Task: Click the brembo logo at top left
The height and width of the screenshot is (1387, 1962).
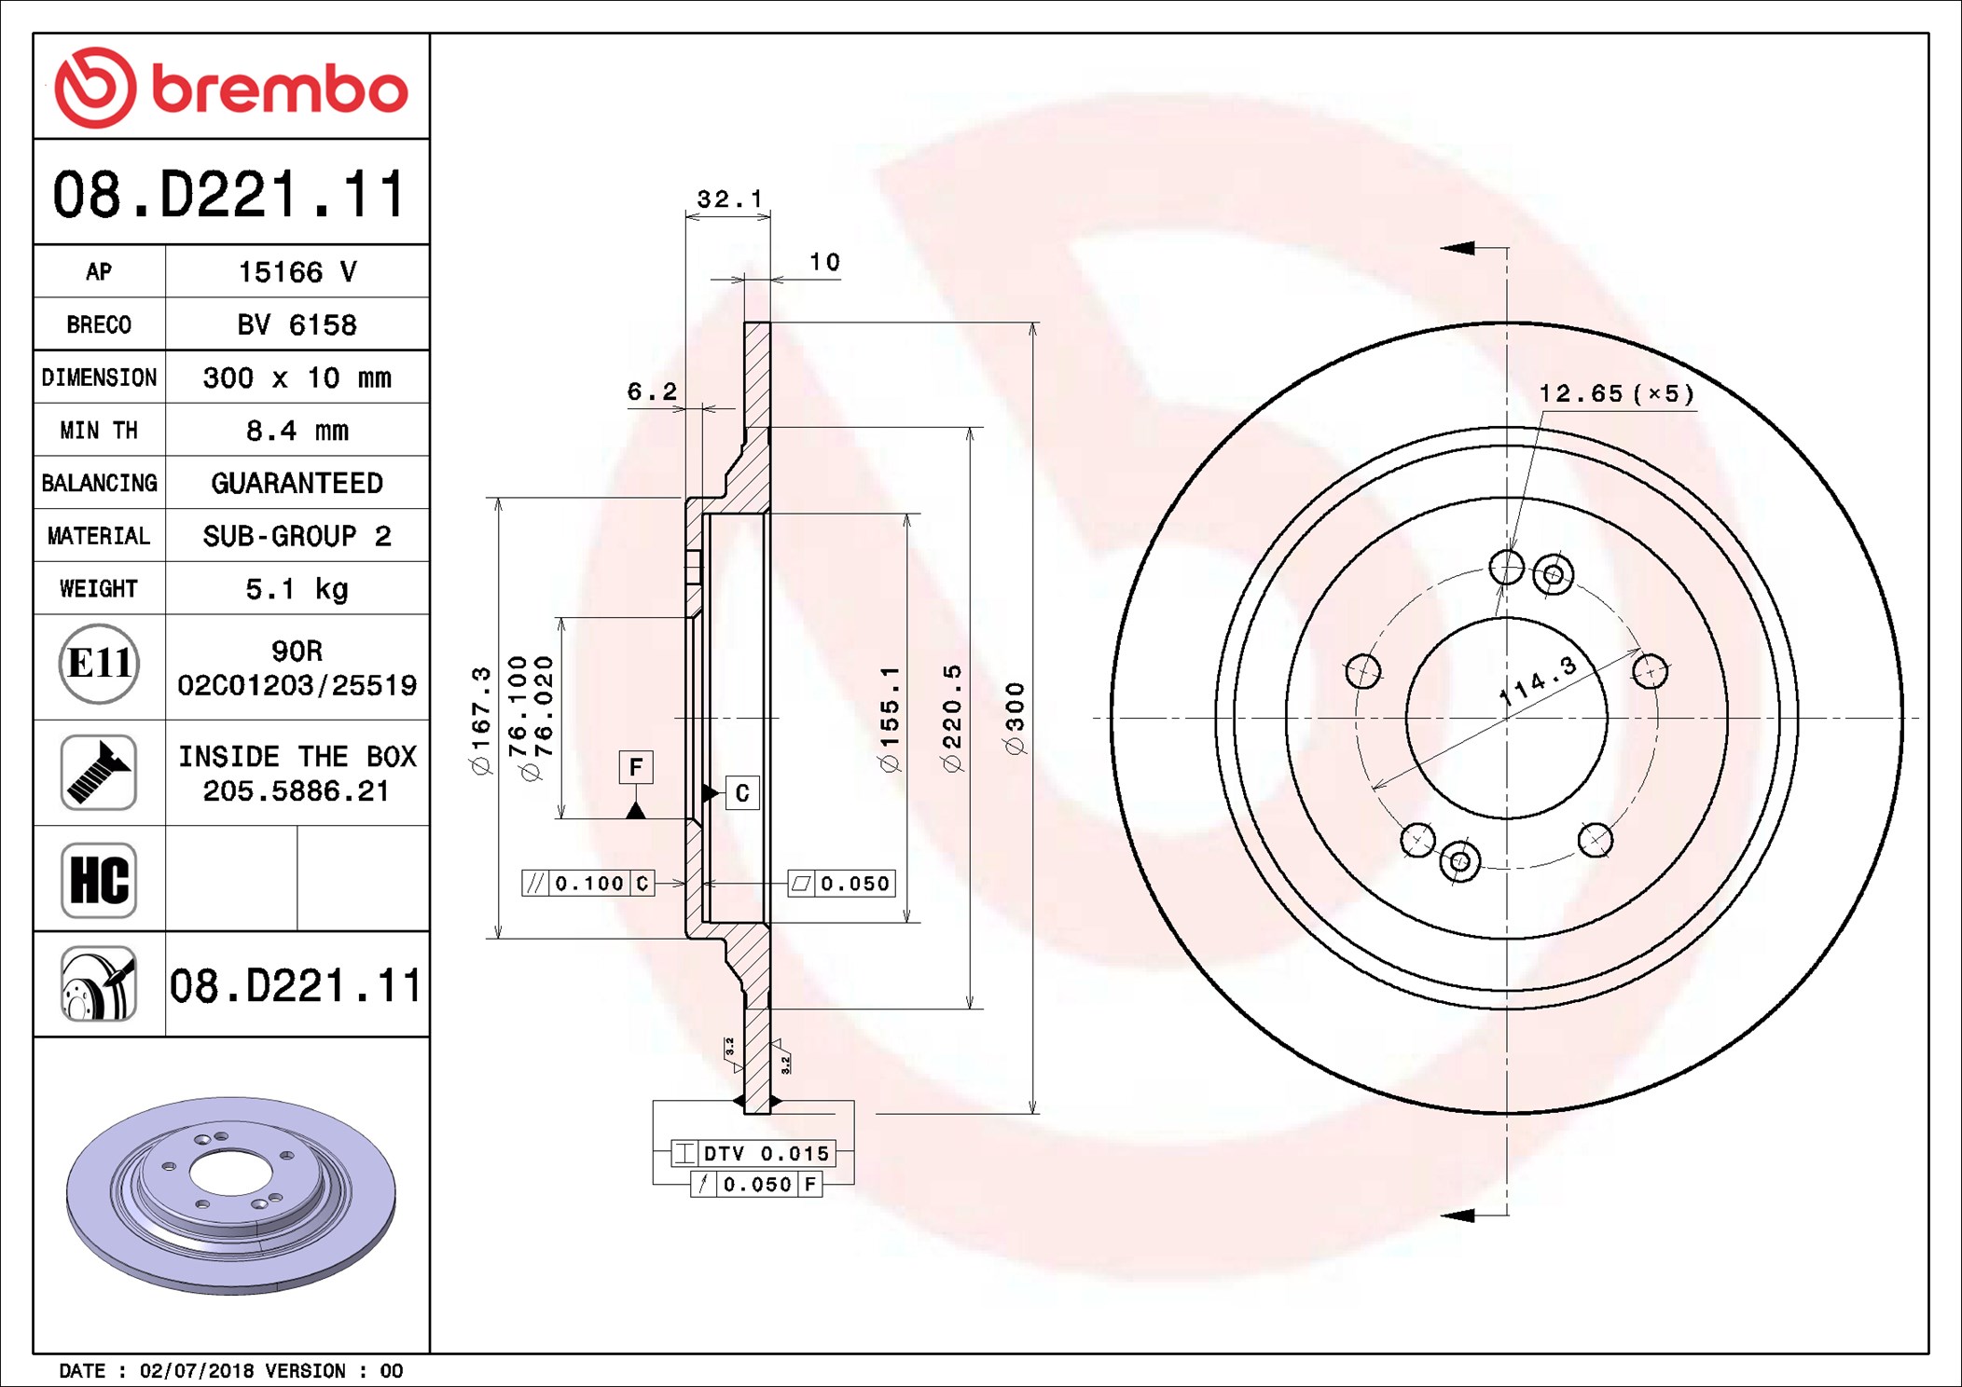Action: point(231,88)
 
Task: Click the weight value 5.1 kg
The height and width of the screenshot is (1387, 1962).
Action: point(297,589)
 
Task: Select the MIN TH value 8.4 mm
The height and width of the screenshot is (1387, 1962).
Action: point(297,431)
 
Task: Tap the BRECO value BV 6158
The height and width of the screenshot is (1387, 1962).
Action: point(297,324)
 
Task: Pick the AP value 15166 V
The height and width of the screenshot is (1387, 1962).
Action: point(297,272)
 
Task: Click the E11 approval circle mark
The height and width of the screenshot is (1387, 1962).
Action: point(99,664)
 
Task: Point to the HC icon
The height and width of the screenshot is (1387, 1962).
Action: point(99,880)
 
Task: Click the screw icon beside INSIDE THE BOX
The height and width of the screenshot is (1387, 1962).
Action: point(99,773)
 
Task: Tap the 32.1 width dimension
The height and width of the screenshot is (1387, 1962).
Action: point(729,199)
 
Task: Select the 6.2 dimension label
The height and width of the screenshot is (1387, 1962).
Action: point(652,391)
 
